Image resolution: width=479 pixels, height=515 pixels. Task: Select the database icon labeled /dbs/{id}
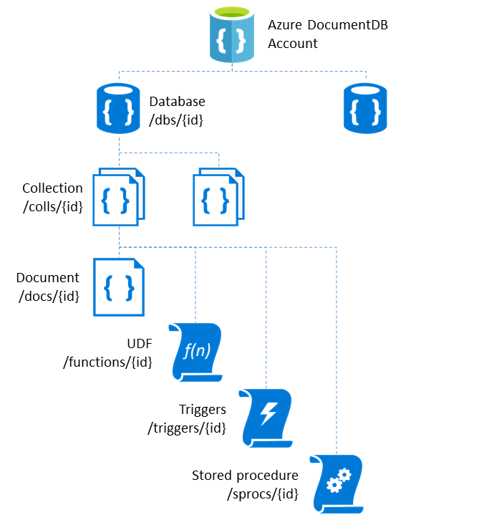point(118,108)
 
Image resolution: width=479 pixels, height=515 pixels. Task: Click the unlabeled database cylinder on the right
point(366,108)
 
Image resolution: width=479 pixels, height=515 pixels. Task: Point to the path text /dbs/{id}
point(176,120)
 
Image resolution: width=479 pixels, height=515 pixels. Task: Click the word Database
point(176,102)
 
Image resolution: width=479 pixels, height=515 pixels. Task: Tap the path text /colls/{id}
point(52,206)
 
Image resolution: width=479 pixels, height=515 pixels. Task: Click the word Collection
point(52,188)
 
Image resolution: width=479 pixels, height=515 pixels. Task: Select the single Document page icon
point(118,287)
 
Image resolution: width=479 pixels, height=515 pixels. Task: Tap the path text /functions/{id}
point(108,362)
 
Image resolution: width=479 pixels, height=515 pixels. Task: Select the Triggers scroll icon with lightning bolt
point(266,417)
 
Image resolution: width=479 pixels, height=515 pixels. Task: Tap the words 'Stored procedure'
point(245,476)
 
